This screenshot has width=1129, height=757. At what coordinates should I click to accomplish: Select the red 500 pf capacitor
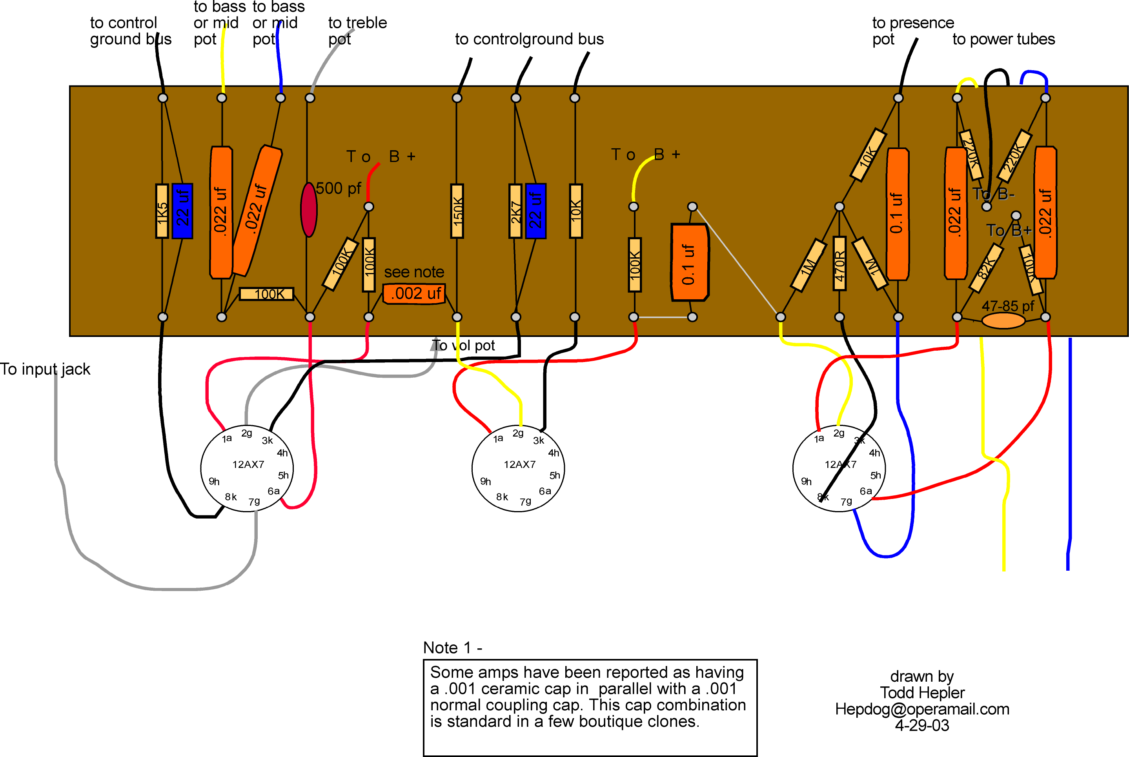309,209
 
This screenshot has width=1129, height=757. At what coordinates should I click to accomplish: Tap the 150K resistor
457,211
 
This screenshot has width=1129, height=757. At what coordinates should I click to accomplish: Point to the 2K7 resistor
515,211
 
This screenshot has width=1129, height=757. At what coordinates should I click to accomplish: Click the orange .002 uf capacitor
414,293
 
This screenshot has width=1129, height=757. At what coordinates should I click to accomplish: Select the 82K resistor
986,268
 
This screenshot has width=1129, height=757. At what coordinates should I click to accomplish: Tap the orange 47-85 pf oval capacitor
1003,320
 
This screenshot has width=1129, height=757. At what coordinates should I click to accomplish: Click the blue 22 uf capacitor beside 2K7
535,211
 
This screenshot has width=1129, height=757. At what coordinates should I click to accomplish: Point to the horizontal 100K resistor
266,294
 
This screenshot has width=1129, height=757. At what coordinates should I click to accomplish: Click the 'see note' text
414,272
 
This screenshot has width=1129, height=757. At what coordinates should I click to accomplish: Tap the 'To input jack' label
45,369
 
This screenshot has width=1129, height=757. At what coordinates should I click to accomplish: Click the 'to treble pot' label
357,31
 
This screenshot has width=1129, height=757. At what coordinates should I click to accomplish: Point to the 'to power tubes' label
1003,39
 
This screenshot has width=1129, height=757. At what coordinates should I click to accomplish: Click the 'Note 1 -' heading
452,648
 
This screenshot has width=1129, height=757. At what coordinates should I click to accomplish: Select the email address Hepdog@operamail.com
922,709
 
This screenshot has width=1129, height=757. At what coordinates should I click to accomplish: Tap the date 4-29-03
922,726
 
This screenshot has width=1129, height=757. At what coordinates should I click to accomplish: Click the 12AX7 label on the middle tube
520,464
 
